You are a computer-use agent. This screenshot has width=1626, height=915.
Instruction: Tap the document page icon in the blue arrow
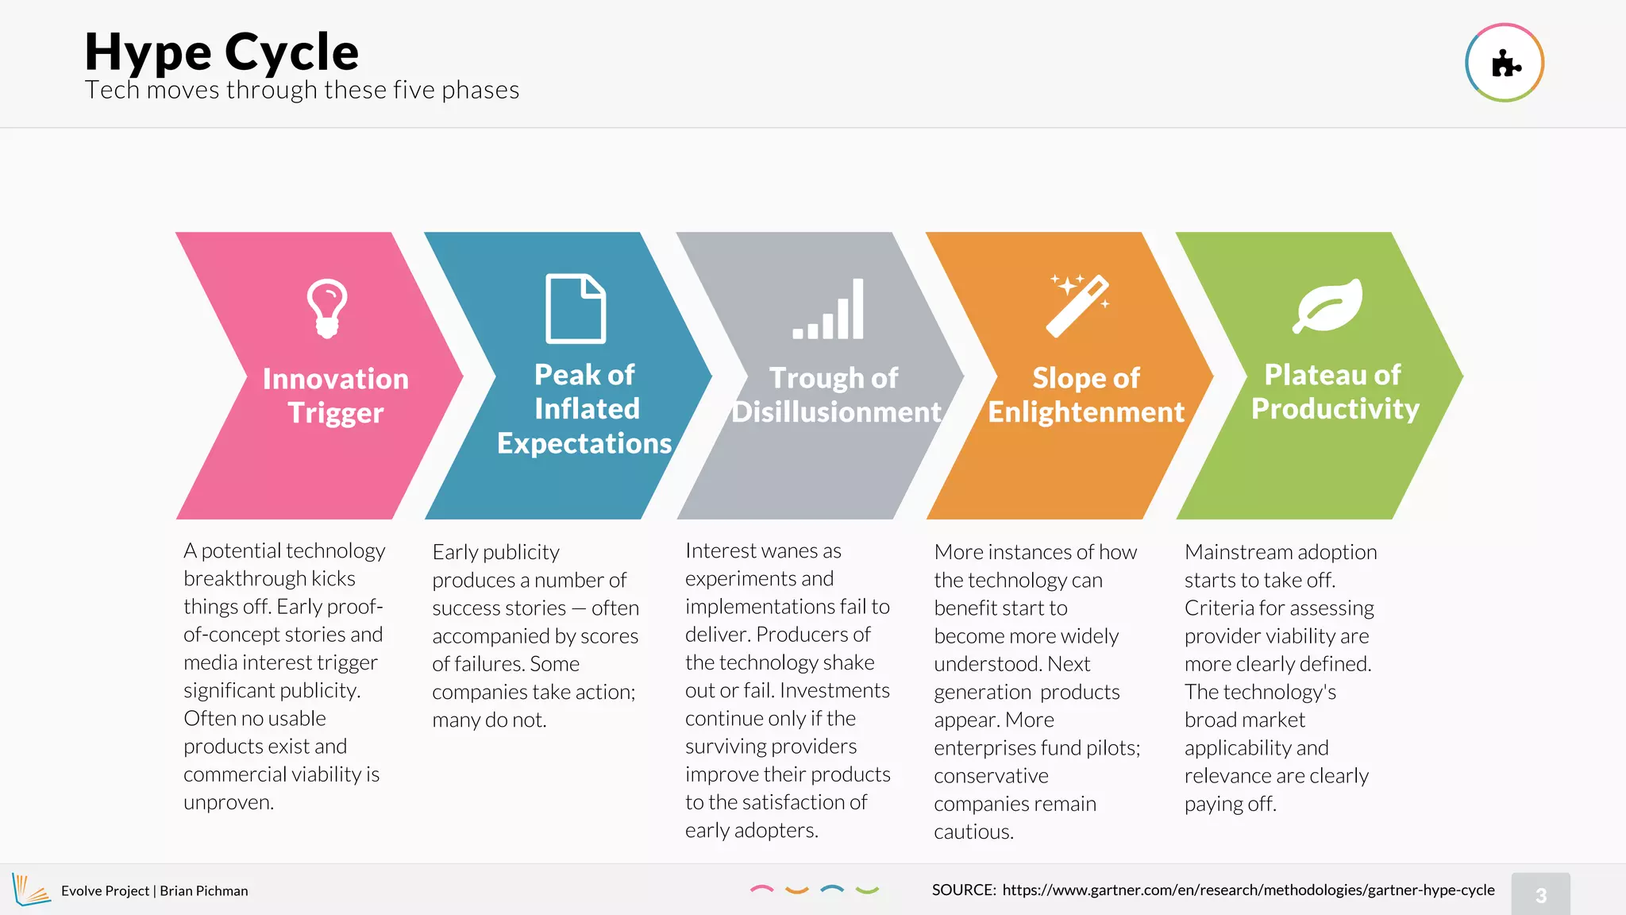[576, 309]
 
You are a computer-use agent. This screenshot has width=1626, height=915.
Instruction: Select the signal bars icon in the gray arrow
[828, 310]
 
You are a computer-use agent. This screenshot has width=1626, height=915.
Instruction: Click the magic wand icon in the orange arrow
[1078, 306]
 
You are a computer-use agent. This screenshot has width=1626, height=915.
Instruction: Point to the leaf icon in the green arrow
[1327, 306]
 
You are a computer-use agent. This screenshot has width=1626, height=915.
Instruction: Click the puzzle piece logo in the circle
[1505, 64]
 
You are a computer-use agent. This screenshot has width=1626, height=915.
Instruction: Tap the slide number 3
[1540, 895]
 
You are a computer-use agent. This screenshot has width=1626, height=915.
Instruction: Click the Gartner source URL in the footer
[1248, 890]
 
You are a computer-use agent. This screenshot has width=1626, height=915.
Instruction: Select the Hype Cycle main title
[222, 52]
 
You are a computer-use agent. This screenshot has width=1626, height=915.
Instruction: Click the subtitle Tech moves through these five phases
[302, 91]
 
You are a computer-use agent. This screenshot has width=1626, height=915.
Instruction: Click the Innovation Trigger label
[335, 396]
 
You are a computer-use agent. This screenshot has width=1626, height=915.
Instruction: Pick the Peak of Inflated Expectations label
[584, 409]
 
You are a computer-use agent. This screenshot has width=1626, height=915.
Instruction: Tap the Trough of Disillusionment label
[835, 395]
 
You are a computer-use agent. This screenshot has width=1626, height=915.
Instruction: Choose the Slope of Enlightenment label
[1085, 395]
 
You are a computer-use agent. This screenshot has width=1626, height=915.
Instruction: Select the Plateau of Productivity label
[1335, 392]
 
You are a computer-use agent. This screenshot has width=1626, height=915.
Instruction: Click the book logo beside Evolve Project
[30, 890]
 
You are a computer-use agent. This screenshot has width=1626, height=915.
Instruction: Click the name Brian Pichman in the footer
[204, 891]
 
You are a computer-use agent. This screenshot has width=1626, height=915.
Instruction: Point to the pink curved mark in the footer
[761, 889]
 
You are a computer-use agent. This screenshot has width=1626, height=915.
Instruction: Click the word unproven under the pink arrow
[228, 803]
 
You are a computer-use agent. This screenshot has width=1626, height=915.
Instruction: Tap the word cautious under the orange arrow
[973, 832]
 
